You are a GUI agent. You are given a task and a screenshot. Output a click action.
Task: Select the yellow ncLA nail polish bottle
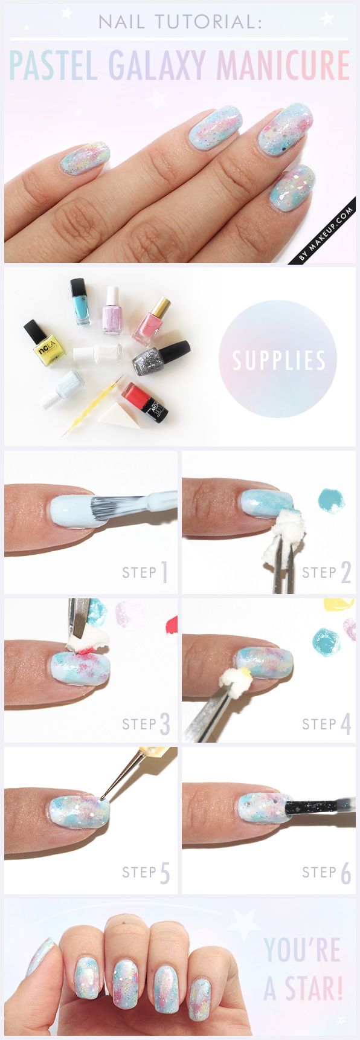(43, 343)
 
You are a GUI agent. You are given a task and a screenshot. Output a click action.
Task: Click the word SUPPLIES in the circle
(279, 361)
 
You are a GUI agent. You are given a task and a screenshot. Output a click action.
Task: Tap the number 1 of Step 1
(164, 573)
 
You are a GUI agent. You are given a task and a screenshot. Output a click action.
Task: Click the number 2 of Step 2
(345, 573)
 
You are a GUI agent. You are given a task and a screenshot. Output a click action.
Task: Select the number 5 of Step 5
(164, 873)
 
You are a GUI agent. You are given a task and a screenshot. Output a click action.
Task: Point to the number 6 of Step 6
(345, 873)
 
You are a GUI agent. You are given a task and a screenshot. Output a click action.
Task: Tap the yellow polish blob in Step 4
(339, 605)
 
